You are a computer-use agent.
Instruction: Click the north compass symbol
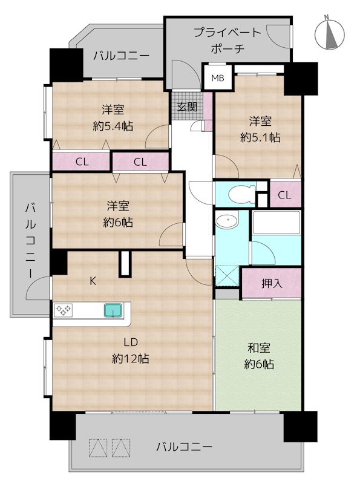pyautogui.click(x=329, y=33)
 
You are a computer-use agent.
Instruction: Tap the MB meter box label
pyautogui.click(x=218, y=78)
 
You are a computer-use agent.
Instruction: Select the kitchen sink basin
pyautogui.click(x=113, y=310)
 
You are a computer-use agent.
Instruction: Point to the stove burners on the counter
pyautogui.click(x=64, y=310)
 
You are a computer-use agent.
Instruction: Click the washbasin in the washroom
pyautogui.click(x=227, y=221)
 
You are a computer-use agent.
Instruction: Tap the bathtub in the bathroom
pyautogui.click(x=276, y=223)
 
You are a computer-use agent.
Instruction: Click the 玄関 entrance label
pyautogui.click(x=187, y=107)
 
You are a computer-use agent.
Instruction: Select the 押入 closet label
pyautogui.click(x=272, y=283)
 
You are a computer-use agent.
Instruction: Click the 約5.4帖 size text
pyautogui.click(x=113, y=126)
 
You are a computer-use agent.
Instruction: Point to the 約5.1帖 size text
pyautogui.click(x=260, y=137)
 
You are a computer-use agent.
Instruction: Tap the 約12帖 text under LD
pyautogui.click(x=131, y=359)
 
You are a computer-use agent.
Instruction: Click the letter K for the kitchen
pyautogui.click(x=93, y=281)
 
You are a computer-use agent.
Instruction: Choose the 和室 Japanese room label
pyautogui.click(x=259, y=348)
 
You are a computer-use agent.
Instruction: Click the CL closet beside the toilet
pyautogui.click(x=284, y=195)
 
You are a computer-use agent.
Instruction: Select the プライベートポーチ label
pyautogui.click(x=228, y=41)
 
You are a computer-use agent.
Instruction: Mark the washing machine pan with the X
pyautogui.click(x=227, y=275)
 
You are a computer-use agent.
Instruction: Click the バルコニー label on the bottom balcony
pyautogui.click(x=184, y=446)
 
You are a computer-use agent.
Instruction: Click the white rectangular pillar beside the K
pyautogui.click(x=125, y=264)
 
